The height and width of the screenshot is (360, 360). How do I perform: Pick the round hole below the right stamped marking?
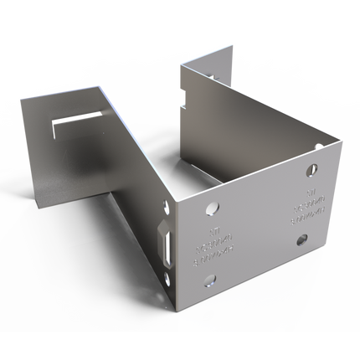302,240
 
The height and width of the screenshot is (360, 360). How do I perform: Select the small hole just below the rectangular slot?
173,270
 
